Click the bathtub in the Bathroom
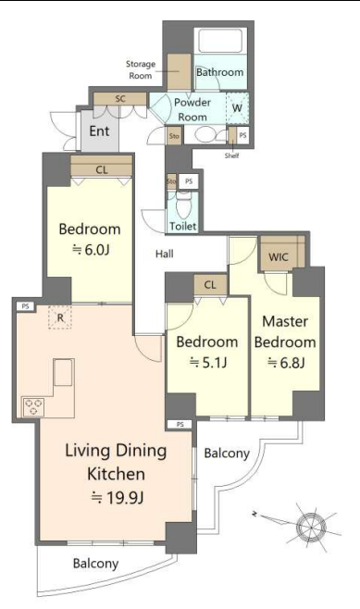point(220,40)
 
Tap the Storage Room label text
point(140,70)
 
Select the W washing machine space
point(237,108)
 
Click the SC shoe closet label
point(120,99)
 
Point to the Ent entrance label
point(99,130)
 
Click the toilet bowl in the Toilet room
point(183,205)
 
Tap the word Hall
point(165,254)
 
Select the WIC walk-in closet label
point(279,256)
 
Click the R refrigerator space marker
point(60,317)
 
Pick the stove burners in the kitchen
point(34,406)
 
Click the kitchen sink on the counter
point(63,372)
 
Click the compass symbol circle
point(311,527)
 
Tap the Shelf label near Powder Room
point(232,155)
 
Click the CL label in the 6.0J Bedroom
point(102,169)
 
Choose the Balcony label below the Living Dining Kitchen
point(95,564)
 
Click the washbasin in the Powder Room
point(203,135)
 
